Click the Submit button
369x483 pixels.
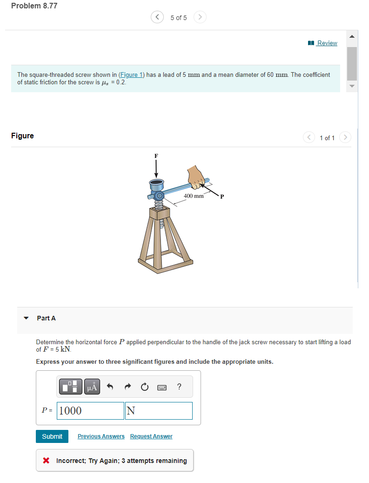click(x=52, y=436)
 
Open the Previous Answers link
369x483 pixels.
click(x=101, y=436)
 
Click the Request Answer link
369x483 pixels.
click(x=151, y=436)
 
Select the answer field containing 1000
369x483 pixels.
click(x=91, y=411)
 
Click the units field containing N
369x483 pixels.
click(x=159, y=411)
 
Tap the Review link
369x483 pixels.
click(x=327, y=43)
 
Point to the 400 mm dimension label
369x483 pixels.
click(x=194, y=196)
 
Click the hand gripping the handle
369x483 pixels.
click(x=197, y=177)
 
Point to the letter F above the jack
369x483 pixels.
click(x=156, y=156)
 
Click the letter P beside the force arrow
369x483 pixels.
click(x=222, y=197)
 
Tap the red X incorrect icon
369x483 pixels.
click(x=46, y=461)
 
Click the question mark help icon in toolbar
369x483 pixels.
click(x=179, y=387)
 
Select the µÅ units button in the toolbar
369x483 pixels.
click(x=92, y=387)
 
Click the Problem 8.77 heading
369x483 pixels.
click(x=34, y=6)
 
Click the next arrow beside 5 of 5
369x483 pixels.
click(x=200, y=17)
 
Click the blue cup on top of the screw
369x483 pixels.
click(x=157, y=183)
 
